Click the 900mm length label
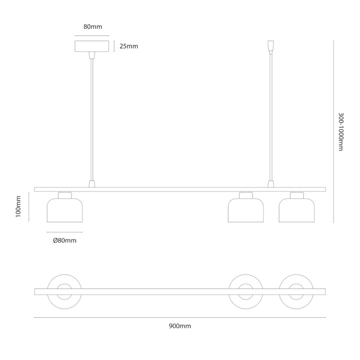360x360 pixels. click(180, 326)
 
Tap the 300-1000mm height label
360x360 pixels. click(341, 132)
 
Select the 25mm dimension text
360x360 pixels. click(129, 46)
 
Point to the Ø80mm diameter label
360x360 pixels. click(64, 240)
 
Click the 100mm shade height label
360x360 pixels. click(18, 206)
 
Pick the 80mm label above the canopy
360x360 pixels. click(93, 26)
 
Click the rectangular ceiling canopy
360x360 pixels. click(92, 46)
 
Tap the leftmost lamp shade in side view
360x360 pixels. click(65, 210)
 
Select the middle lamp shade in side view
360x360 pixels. click(246, 210)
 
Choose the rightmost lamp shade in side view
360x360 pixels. click(297, 210)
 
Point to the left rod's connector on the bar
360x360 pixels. click(92, 184)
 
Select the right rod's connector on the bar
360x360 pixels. click(271, 184)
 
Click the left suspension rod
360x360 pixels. click(92, 120)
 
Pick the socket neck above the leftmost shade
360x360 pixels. click(65, 195)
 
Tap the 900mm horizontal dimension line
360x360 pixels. click(180, 318)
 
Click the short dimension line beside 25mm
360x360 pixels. click(114, 46)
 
